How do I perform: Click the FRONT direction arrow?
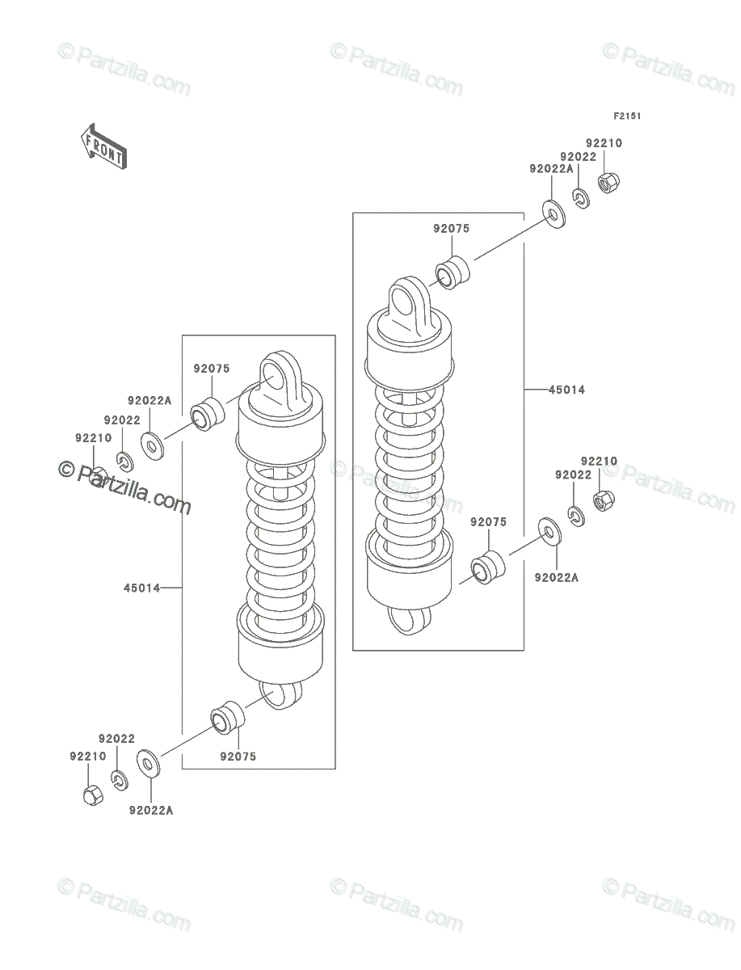click(x=103, y=146)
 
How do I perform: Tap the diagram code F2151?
click(x=627, y=116)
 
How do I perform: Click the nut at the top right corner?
click(x=609, y=183)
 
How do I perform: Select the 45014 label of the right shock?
click(x=566, y=390)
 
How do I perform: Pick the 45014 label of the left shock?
click(x=141, y=588)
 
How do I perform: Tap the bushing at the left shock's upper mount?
click(x=208, y=414)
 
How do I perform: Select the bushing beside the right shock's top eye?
click(x=453, y=272)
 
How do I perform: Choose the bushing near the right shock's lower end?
click(x=488, y=568)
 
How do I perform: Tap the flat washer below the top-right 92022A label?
click(x=554, y=214)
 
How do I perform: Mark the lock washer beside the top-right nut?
click(x=582, y=198)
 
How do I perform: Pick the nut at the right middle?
click(x=604, y=500)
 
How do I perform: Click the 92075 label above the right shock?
click(x=452, y=229)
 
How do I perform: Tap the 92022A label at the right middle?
click(x=557, y=578)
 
